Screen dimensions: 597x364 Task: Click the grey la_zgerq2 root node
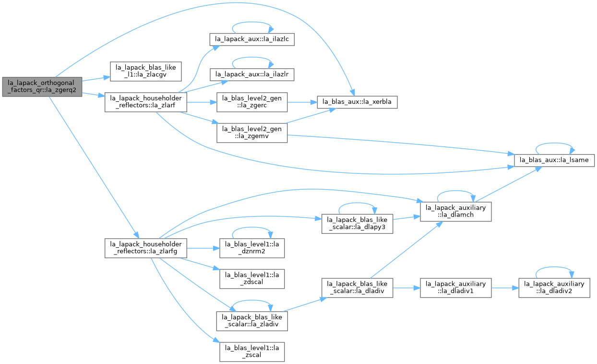[x=42, y=86]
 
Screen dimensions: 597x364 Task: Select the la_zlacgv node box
[x=146, y=72]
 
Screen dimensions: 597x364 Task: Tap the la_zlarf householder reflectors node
[x=146, y=102]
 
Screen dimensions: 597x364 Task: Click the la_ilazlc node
[x=252, y=39]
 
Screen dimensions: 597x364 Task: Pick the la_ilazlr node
[x=252, y=74]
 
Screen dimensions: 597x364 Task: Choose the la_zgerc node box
[x=252, y=102]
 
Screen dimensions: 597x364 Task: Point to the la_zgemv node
[x=252, y=133]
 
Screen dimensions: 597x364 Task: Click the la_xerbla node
[x=357, y=102]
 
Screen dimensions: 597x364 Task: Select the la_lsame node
[x=554, y=160]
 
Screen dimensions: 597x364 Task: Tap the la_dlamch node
[x=456, y=212]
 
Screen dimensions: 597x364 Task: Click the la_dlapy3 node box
[x=357, y=224]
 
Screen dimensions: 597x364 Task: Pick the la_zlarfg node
[x=146, y=248]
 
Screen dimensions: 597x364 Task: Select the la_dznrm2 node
[x=252, y=248]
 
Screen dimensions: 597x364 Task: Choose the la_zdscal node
[x=252, y=279]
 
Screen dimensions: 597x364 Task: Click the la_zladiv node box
[x=252, y=321]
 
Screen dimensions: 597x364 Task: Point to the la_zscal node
[x=252, y=352]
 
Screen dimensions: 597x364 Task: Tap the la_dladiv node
[x=357, y=288]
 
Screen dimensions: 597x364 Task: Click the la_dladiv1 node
[x=456, y=288]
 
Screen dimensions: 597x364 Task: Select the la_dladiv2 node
[x=554, y=288]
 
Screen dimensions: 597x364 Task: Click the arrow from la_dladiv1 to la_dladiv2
[x=505, y=288]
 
